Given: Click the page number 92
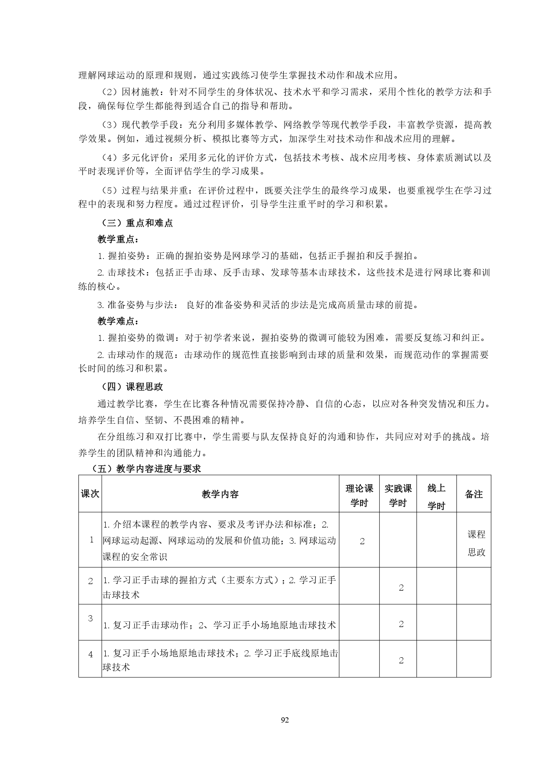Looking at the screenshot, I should [x=285, y=720].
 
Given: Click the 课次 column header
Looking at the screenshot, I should [x=90, y=494].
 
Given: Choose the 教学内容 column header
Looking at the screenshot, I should [x=220, y=494].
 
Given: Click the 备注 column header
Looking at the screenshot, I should [x=473, y=494].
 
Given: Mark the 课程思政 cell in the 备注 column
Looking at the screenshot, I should [x=476, y=543].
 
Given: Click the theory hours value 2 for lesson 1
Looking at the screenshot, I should [x=362, y=542].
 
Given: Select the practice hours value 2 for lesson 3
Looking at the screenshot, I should [x=401, y=624].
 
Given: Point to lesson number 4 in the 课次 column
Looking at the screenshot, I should [x=91, y=655].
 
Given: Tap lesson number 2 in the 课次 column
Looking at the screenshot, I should [x=91, y=581].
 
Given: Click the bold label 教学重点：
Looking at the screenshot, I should [x=118, y=240].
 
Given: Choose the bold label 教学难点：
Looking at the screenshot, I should [x=118, y=322].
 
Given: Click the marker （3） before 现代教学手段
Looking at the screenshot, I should [x=109, y=125].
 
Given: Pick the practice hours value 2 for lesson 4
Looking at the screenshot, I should [x=401, y=661].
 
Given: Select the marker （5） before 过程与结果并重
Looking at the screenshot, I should [x=109, y=191].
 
